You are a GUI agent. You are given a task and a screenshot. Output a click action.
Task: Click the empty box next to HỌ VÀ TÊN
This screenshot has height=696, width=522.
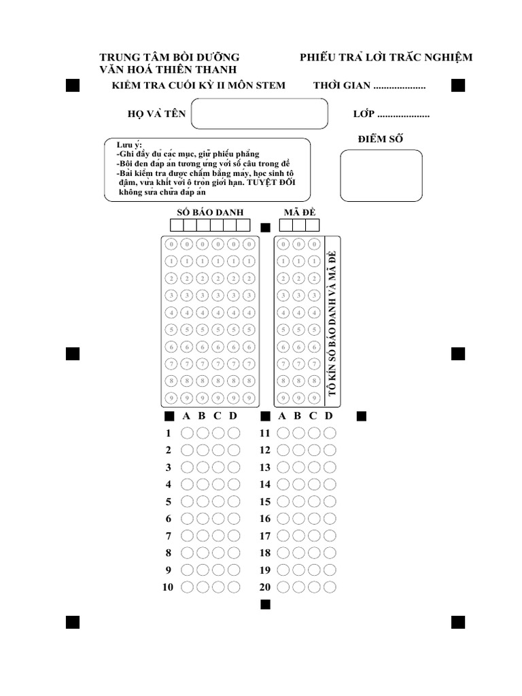[x=259, y=114]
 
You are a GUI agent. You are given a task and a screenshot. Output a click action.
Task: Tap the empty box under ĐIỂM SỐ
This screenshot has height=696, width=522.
[x=381, y=176]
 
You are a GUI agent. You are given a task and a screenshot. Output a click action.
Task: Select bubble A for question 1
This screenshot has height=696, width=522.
[x=187, y=433]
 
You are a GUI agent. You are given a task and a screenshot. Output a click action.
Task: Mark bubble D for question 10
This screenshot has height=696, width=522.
[x=234, y=587]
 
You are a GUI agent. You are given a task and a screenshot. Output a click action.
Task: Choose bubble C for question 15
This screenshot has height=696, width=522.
[x=314, y=502]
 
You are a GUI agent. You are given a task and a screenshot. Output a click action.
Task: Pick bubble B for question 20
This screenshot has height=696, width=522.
[x=298, y=587]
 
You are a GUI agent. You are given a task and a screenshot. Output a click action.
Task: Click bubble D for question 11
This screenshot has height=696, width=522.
[x=330, y=433]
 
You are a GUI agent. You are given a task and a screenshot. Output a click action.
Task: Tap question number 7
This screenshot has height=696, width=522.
[x=169, y=536]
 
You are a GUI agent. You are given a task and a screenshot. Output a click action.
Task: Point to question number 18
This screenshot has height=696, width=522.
[x=265, y=553]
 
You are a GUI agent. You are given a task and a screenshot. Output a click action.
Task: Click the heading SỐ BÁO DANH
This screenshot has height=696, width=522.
[x=210, y=213]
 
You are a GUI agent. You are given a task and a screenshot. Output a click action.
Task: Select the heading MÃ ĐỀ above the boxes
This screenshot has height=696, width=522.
[x=300, y=213]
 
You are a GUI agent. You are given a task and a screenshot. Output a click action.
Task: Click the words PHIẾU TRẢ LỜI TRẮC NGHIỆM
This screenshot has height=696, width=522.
[x=386, y=57]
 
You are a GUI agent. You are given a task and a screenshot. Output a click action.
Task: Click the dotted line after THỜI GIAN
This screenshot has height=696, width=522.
[x=400, y=87]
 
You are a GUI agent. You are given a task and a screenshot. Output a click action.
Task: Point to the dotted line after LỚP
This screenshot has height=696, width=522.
[x=403, y=116]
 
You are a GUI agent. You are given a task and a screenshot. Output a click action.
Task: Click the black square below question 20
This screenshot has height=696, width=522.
[x=265, y=604]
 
